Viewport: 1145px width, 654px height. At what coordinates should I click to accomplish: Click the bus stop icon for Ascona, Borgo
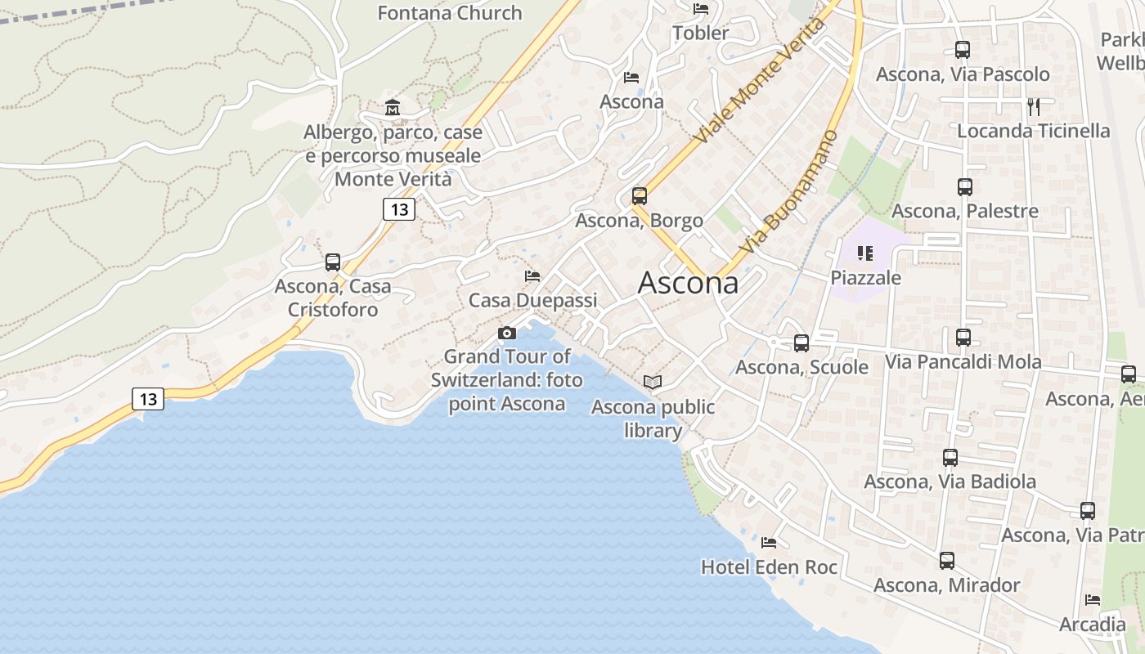click(639, 196)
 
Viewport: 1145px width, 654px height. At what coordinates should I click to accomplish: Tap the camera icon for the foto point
click(507, 333)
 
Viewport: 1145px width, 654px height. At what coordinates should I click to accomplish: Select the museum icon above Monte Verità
click(393, 107)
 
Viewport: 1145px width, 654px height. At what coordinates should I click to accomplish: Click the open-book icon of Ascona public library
click(652, 382)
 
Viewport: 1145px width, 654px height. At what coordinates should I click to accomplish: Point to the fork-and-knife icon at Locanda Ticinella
click(1034, 106)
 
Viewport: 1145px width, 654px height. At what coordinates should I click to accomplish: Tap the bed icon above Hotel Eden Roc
click(769, 542)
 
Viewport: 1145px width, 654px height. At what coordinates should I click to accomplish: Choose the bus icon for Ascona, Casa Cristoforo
click(332, 262)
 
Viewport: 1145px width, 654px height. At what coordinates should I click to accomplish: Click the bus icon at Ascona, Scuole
click(801, 343)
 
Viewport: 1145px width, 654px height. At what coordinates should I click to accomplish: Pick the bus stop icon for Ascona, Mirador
click(946, 561)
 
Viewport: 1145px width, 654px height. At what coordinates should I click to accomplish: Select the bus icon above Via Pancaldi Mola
click(963, 337)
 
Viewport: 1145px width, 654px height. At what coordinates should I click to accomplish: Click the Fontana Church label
click(450, 13)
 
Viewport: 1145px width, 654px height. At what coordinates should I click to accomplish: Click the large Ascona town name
click(688, 283)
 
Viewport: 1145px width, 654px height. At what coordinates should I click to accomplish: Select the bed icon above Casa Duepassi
click(532, 275)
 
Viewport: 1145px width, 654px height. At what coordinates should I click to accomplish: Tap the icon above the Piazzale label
click(865, 253)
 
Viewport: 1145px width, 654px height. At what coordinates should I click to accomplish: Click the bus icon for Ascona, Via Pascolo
click(963, 50)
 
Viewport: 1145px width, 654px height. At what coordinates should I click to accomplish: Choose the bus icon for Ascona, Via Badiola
click(950, 458)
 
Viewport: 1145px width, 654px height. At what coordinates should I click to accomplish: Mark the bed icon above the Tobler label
click(701, 9)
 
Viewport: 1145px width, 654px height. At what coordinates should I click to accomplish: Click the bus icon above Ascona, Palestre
click(965, 186)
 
